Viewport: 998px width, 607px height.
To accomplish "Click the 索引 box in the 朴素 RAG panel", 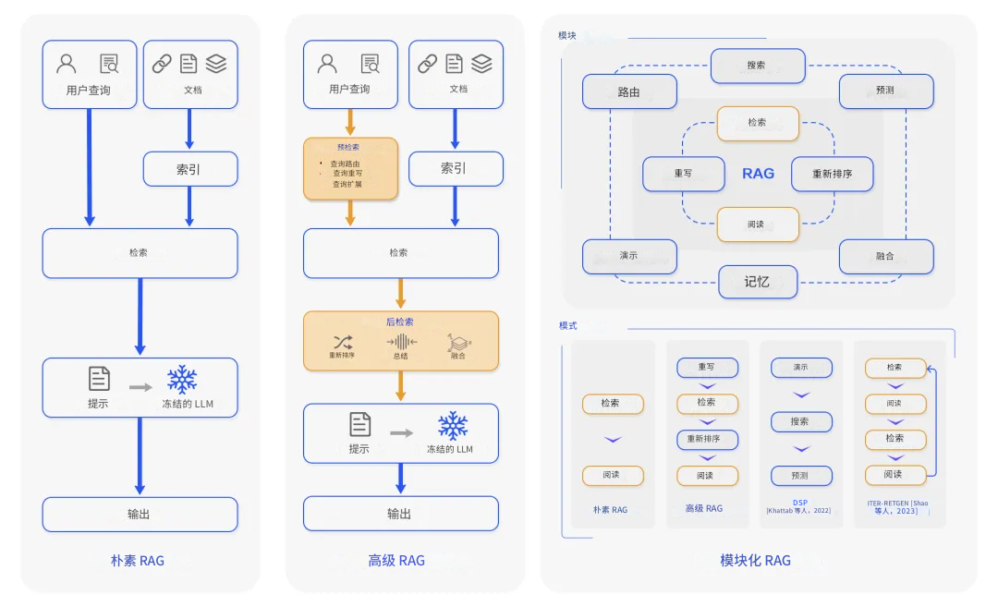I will (x=189, y=169).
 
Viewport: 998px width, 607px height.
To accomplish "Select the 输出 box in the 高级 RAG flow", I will (x=400, y=514).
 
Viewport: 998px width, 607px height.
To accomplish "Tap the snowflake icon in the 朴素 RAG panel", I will (x=182, y=380).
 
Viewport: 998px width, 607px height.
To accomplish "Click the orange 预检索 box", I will (x=350, y=169).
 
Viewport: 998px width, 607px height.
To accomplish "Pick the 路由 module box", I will (x=629, y=92).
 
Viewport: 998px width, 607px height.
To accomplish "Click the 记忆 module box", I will (x=757, y=282).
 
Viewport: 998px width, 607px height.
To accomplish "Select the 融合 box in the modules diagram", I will (x=885, y=256).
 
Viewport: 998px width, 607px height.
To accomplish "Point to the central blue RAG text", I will (x=758, y=173).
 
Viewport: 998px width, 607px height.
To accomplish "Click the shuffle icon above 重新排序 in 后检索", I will (x=343, y=342).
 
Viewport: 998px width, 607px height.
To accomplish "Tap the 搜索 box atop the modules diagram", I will (x=757, y=66).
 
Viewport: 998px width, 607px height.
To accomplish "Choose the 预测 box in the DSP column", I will (x=800, y=476).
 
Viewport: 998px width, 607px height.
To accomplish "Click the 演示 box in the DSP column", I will (x=800, y=367).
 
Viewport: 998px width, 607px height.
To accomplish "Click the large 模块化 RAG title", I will (x=755, y=560).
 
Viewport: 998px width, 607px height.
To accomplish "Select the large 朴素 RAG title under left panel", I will (x=138, y=560).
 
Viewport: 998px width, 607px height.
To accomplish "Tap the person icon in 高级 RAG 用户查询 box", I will (x=327, y=64).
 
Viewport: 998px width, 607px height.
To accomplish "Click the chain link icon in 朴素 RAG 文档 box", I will (x=162, y=64).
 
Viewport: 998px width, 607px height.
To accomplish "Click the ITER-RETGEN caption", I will (x=897, y=506).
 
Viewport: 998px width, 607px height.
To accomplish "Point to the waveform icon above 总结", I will (x=401, y=342).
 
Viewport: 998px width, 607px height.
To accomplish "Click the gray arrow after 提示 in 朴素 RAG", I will (x=140, y=386).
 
